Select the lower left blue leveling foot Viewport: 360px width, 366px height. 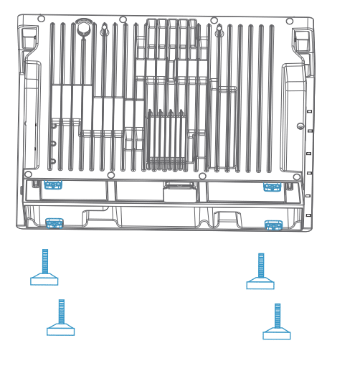point(61,318)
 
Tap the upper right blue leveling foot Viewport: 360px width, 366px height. point(260,272)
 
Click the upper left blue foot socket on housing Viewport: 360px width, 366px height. point(53,184)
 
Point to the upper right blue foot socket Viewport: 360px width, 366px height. point(272,187)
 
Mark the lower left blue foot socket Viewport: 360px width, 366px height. point(55,222)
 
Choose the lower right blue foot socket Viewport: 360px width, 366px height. point(273,225)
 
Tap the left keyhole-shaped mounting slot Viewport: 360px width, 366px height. point(105,31)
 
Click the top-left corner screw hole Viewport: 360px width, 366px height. point(41,19)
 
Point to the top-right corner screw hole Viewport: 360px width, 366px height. point(290,21)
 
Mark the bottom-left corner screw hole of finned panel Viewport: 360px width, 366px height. point(28,174)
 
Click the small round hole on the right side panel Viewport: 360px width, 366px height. point(300,126)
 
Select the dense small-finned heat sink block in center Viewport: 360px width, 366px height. point(166,140)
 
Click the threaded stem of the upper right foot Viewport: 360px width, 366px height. point(261,264)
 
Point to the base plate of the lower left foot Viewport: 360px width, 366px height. point(61,331)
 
